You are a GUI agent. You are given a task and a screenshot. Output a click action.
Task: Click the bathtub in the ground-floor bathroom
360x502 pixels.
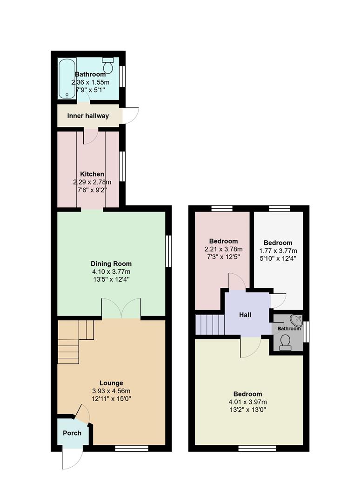(x=67, y=78)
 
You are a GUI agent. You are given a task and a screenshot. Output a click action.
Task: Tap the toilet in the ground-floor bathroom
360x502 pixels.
(x=108, y=66)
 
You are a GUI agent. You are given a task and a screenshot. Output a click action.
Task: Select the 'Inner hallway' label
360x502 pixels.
(x=88, y=116)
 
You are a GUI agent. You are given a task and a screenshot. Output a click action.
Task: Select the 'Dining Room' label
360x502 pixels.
(x=111, y=264)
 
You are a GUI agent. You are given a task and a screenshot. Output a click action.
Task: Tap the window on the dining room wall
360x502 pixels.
(x=168, y=251)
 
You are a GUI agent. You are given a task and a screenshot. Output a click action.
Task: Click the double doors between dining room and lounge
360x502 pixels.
(x=121, y=309)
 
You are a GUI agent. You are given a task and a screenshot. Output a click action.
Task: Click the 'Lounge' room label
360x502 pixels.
(x=111, y=383)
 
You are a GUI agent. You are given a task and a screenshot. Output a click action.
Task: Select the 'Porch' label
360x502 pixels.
(x=72, y=433)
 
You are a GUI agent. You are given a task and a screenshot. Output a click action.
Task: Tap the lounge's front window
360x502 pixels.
(x=132, y=449)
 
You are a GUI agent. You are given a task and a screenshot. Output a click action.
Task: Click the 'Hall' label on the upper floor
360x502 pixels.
(x=245, y=315)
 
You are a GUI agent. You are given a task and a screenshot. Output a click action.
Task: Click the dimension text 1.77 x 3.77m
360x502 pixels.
(x=278, y=251)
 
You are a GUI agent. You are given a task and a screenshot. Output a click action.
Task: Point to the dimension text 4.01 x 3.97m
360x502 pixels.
(x=248, y=402)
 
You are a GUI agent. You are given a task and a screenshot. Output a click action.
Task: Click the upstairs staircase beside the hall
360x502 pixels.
(x=210, y=324)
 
